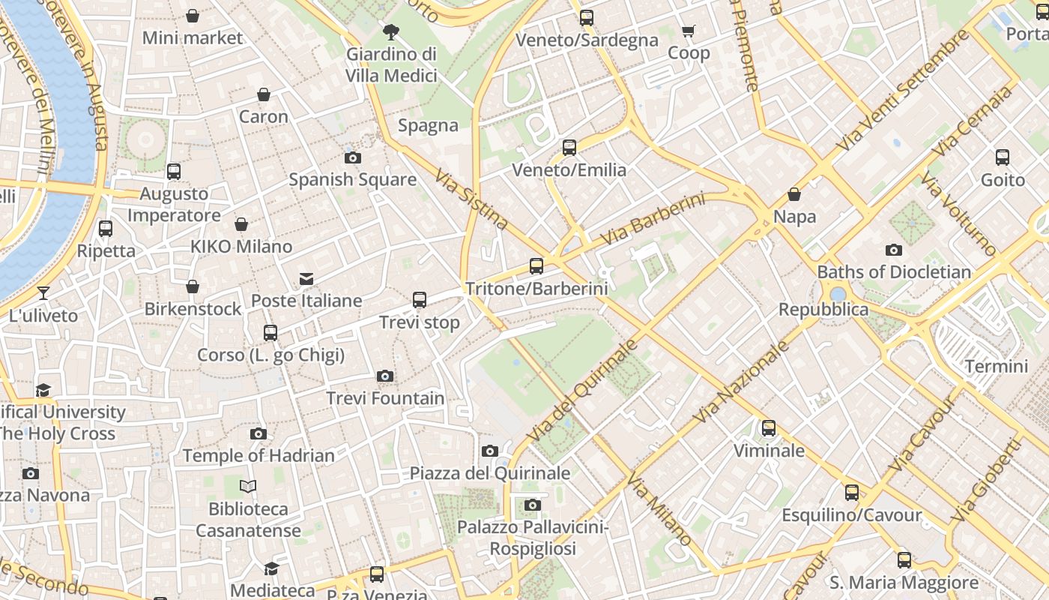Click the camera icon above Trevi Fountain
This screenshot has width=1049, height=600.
pyautogui.click(x=385, y=376)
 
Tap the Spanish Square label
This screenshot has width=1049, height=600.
pyautogui.click(x=352, y=180)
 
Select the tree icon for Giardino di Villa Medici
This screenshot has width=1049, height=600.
pyautogui.click(x=390, y=31)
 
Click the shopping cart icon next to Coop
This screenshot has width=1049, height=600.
pyautogui.click(x=688, y=31)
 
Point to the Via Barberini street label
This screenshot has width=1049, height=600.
pyautogui.click(x=653, y=219)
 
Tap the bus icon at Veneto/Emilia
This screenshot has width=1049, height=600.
pyautogui.click(x=569, y=148)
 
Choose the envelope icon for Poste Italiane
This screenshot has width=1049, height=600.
pyautogui.click(x=306, y=279)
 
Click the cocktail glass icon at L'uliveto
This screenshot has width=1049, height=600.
pyautogui.click(x=43, y=292)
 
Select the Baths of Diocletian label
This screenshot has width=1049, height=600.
pyautogui.click(x=894, y=271)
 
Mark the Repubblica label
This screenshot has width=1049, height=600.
pyautogui.click(x=823, y=310)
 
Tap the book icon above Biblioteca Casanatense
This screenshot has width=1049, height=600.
pyautogui.click(x=248, y=487)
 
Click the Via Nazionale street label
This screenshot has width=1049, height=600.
pyautogui.click(x=741, y=382)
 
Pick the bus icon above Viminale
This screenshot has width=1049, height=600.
pyautogui.click(x=769, y=428)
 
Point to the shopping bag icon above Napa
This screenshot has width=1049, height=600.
pyautogui.click(x=794, y=195)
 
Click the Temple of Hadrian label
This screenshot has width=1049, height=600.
pyautogui.click(x=259, y=455)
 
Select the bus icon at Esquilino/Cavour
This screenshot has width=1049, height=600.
pyautogui.click(x=852, y=493)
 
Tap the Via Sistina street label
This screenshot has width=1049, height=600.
pyautogui.click(x=472, y=199)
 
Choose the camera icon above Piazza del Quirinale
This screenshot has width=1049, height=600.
pyautogui.click(x=490, y=451)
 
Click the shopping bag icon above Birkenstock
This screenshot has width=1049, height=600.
pyautogui.click(x=193, y=286)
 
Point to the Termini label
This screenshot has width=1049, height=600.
pyautogui.click(x=997, y=367)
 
